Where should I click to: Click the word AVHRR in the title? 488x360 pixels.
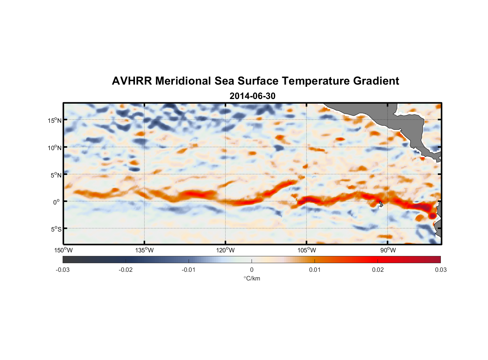point(132,81)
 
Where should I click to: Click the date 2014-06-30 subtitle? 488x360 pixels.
point(252,96)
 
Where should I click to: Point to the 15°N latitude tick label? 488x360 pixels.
point(54,120)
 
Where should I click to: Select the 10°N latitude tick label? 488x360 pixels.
point(54,148)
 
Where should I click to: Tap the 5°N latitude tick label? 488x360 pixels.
point(55,175)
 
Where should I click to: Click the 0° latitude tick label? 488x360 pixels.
point(57,202)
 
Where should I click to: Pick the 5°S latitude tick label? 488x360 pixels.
point(55,229)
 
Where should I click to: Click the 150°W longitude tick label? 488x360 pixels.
point(63,251)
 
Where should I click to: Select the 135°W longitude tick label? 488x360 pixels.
point(144,251)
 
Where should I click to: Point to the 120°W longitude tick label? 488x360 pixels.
point(226,251)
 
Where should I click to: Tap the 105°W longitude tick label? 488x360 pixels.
point(307,251)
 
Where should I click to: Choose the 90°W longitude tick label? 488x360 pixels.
point(388,251)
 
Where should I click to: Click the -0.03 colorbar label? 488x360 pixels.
point(63,270)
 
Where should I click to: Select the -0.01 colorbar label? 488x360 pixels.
point(189,270)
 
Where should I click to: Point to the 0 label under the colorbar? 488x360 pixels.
point(252,270)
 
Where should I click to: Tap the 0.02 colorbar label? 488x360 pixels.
point(378,270)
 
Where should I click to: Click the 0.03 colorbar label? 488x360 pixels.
point(440,270)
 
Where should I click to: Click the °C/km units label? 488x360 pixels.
point(252,278)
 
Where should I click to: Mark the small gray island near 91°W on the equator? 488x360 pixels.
point(381,204)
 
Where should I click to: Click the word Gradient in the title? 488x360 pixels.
point(376,81)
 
